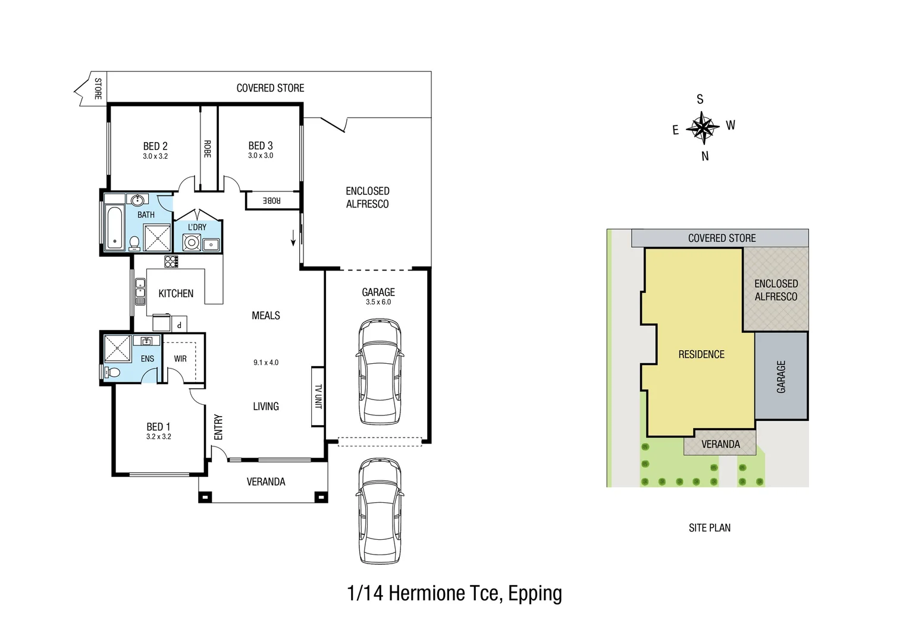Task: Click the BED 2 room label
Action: click(x=155, y=146)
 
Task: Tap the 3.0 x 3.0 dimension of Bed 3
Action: click(x=261, y=156)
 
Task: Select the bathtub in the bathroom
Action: click(x=114, y=228)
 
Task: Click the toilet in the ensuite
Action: click(x=112, y=372)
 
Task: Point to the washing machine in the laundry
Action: click(x=191, y=243)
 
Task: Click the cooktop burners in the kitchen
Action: click(x=171, y=262)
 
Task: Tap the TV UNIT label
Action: click(x=318, y=396)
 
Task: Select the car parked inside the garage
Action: click(x=380, y=372)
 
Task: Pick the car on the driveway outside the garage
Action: click(x=380, y=511)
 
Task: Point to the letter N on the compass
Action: click(x=706, y=156)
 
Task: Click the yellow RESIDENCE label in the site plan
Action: click(x=701, y=354)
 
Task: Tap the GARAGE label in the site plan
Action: click(x=781, y=377)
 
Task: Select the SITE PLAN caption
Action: click(x=709, y=528)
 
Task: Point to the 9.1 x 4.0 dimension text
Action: click(x=266, y=363)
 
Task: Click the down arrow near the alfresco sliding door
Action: click(x=293, y=238)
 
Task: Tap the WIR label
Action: click(x=180, y=358)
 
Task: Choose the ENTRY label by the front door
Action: click(x=218, y=427)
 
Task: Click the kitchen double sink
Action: click(x=140, y=291)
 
